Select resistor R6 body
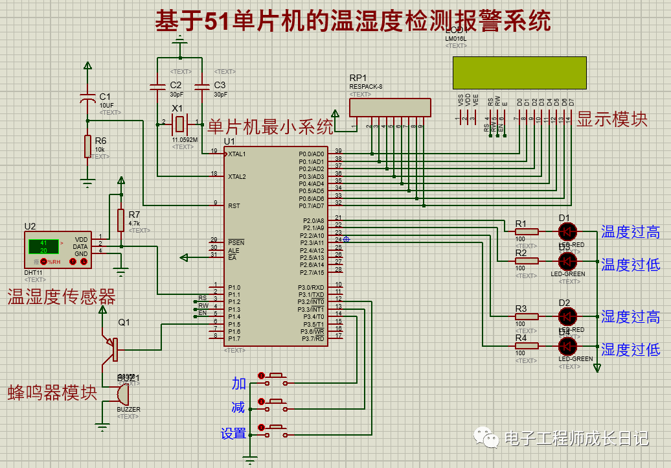click(87, 146)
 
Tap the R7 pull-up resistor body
click(120, 220)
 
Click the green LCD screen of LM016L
click(519, 73)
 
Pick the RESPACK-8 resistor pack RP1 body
click(389, 108)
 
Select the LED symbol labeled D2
click(568, 316)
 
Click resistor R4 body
click(527, 346)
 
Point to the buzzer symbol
click(122, 393)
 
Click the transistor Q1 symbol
click(113, 349)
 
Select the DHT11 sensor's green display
click(43, 246)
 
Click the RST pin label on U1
click(234, 205)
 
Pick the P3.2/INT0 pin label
click(311, 302)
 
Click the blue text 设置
click(233, 434)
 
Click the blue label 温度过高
click(630, 232)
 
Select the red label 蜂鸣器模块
click(52, 393)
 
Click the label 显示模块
click(612, 119)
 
